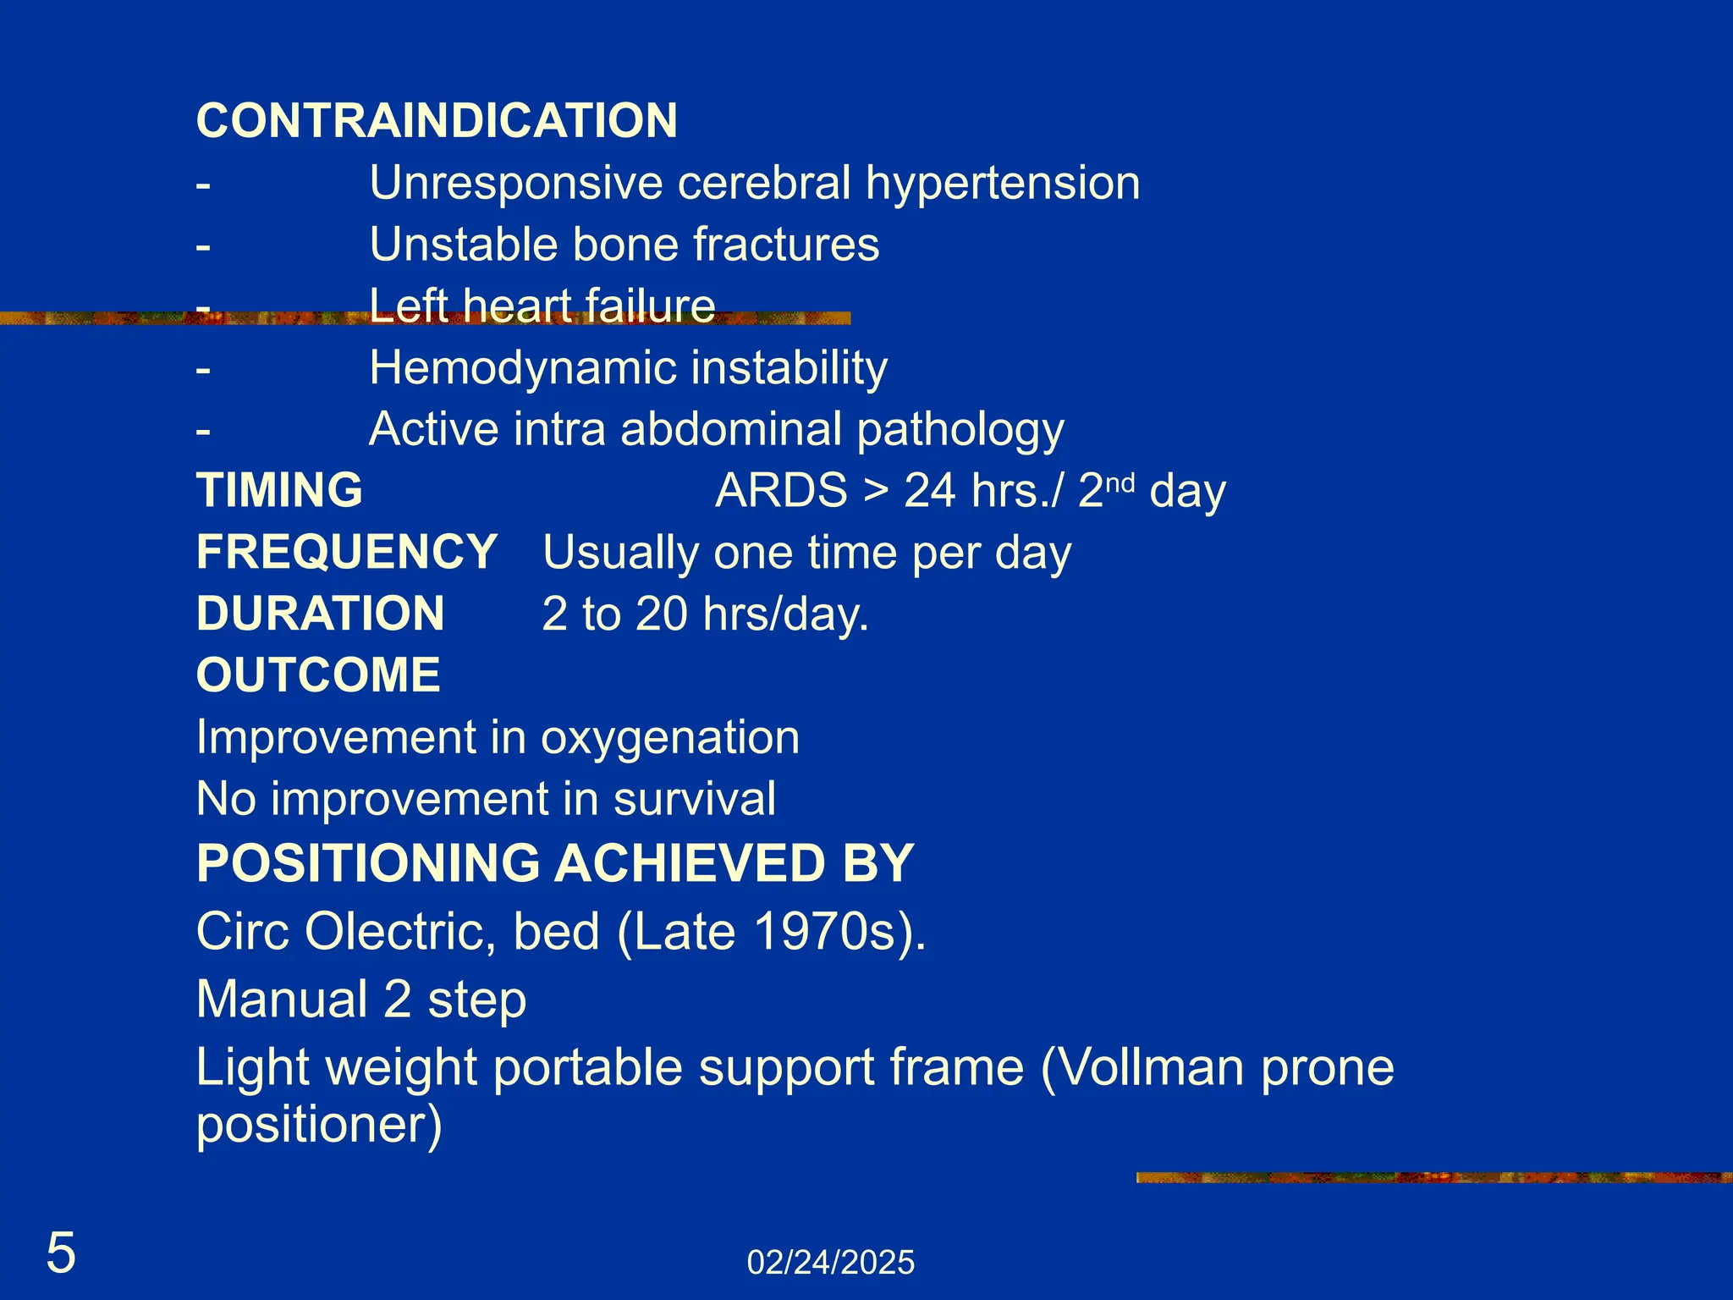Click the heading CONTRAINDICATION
pyautogui.click(x=437, y=121)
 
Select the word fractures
pyautogui.click(x=786, y=245)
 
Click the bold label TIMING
pyautogui.click(x=279, y=491)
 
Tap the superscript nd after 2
pyautogui.click(x=1120, y=483)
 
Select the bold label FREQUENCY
pyautogui.click(x=347, y=553)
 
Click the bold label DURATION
pyautogui.click(x=320, y=614)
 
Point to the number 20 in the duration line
pyautogui.click(x=661, y=614)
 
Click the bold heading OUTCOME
pyautogui.click(x=318, y=676)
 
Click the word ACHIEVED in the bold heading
pyautogui.click(x=690, y=864)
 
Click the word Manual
pyautogui.click(x=282, y=1000)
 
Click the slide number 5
pyautogui.click(x=61, y=1253)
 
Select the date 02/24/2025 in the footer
pyautogui.click(x=830, y=1263)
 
